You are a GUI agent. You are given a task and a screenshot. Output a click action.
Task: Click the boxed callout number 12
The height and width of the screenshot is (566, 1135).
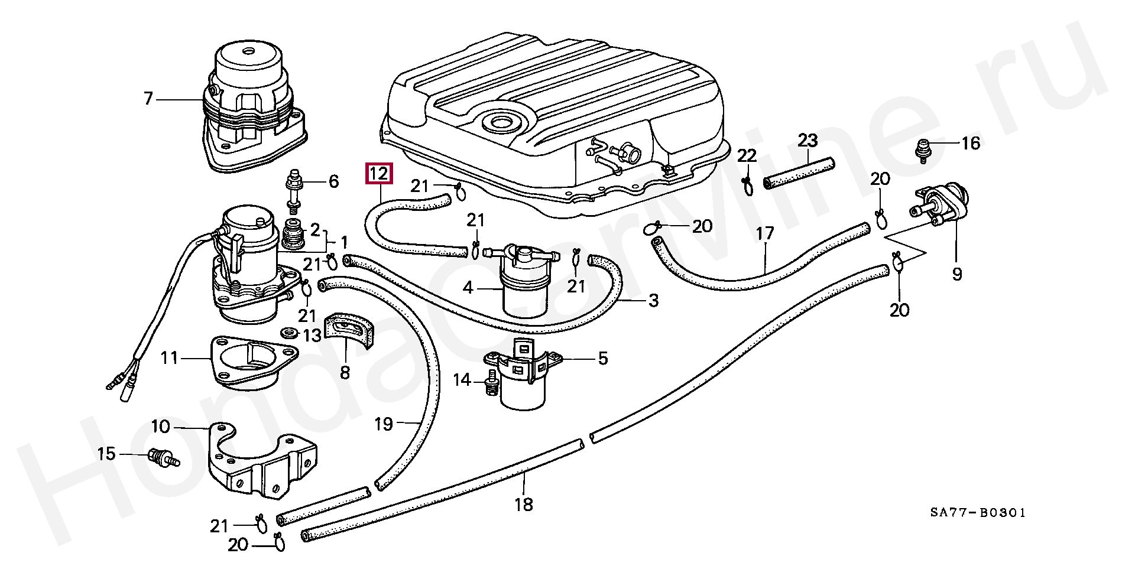coord(379,174)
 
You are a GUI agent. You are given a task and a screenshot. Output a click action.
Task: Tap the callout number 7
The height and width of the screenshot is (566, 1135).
coord(148,98)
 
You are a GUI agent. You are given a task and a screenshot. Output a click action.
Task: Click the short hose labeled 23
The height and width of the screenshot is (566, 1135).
coord(798,171)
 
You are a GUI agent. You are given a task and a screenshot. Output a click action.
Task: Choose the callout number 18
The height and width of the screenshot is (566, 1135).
coord(524,504)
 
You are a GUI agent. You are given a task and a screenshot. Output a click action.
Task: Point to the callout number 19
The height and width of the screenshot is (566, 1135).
coord(384,424)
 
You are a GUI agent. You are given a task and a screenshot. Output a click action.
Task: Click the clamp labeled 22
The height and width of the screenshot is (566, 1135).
coord(748,184)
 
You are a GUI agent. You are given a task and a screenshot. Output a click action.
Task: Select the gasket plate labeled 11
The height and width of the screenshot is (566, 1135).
coord(254,363)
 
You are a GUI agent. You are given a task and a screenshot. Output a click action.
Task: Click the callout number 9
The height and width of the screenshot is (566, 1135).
coord(957,274)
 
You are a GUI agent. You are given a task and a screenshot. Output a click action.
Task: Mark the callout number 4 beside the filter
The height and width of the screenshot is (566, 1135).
coord(468,288)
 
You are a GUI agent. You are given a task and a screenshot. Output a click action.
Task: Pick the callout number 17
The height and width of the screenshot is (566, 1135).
coord(765,233)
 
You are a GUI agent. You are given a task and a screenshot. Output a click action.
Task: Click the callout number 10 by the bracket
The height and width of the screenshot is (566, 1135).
coord(160,426)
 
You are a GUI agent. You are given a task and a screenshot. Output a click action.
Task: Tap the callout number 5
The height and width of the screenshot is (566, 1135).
coord(602,358)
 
